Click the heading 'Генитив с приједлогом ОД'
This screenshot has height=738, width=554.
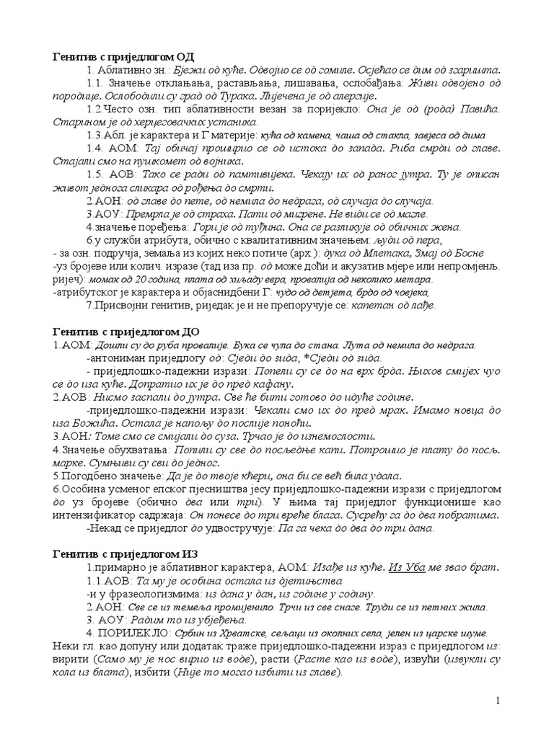point(123,56)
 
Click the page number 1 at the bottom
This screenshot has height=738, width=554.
point(498,701)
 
